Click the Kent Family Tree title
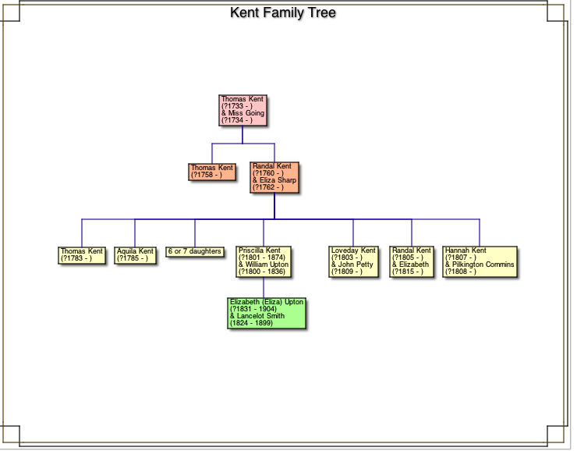click(283, 13)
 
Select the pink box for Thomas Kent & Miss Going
click(242, 110)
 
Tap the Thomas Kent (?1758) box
click(212, 172)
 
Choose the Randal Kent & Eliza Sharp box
click(274, 178)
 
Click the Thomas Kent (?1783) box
click(82, 255)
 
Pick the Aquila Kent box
click(136, 255)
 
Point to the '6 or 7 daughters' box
click(195, 252)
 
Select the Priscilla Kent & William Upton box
click(264, 262)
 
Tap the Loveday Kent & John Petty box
click(353, 262)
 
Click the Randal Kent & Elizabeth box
click(412, 262)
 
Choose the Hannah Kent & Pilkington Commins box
click(480, 262)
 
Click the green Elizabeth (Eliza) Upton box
click(267, 313)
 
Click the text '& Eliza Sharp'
click(274, 180)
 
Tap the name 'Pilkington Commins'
click(483, 265)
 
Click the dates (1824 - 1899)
click(251, 323)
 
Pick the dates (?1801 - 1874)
click(261, 258)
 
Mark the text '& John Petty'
click(352, 265)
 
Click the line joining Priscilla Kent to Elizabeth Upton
click(264, 287)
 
